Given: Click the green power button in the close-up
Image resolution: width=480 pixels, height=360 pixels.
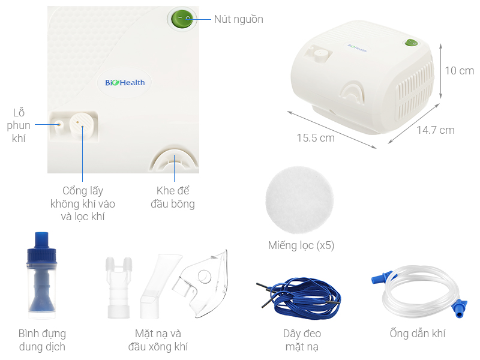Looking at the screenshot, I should tap(181, 19).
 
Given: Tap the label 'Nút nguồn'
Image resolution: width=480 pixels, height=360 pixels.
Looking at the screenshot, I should tap(238, 19).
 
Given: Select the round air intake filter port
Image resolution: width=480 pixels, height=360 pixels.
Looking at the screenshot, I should tap(79, 124).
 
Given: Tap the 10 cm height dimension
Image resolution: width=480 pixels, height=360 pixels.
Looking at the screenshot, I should tap(459, 71).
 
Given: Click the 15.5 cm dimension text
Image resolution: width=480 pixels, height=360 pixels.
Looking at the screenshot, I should tap(316, 137).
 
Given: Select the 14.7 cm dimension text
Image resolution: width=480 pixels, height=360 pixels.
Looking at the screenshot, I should tap(436, 130).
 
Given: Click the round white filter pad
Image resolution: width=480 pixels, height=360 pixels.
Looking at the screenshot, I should tap(299, 199).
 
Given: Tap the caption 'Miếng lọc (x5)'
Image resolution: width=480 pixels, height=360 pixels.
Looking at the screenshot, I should tap(301, 245).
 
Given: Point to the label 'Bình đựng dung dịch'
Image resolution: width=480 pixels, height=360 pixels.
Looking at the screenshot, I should tap(42, 340).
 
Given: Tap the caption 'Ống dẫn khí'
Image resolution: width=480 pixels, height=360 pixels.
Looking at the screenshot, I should tap(418, 334).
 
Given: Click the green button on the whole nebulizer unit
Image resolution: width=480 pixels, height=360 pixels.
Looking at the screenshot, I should tap(411, 43).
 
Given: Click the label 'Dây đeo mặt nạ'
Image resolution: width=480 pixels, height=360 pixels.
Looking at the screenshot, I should tap(302, 340).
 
